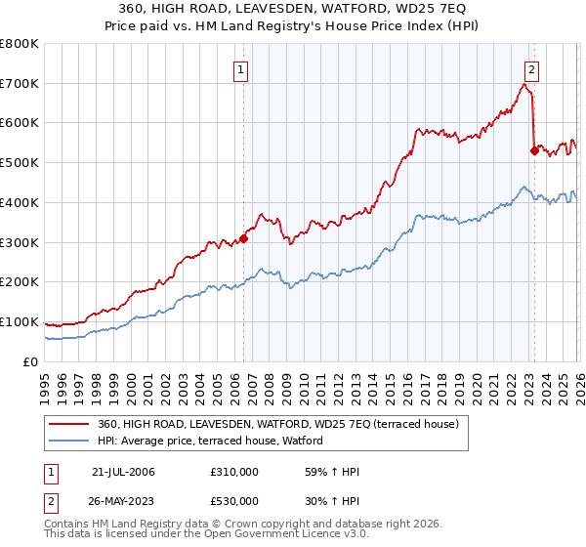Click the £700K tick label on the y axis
point(20,83)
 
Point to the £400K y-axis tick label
point(20,202)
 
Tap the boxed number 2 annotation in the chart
point(531,69)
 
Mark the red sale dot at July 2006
point(243,237)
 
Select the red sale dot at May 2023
point(533,150)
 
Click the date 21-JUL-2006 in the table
point(123,472)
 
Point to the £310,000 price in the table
point(234,472)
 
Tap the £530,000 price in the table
point(234,501)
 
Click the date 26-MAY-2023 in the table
point(123,501)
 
